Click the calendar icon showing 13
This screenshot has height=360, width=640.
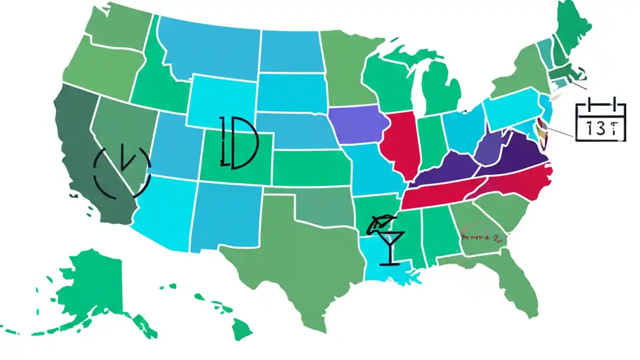[x=600, y=121]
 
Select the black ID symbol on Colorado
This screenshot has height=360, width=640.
[x=238, y=143]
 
